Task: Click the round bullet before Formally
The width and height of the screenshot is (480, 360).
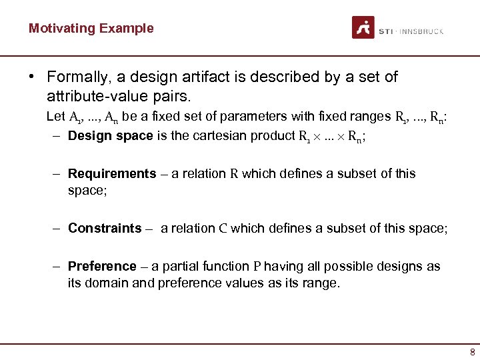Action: click(x=31, y=76)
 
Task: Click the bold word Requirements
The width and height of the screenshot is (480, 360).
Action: click(x=112, y=174)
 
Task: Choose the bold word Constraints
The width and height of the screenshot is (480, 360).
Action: click(x=105, y=229)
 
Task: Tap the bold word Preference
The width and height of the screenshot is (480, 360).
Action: click(x=102, y=267)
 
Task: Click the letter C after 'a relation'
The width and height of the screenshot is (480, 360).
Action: click(x=223, y=229)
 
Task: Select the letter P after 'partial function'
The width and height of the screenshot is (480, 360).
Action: click(x=257, y=267)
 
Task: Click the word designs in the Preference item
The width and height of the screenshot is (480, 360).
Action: click(x=387, y=267)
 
